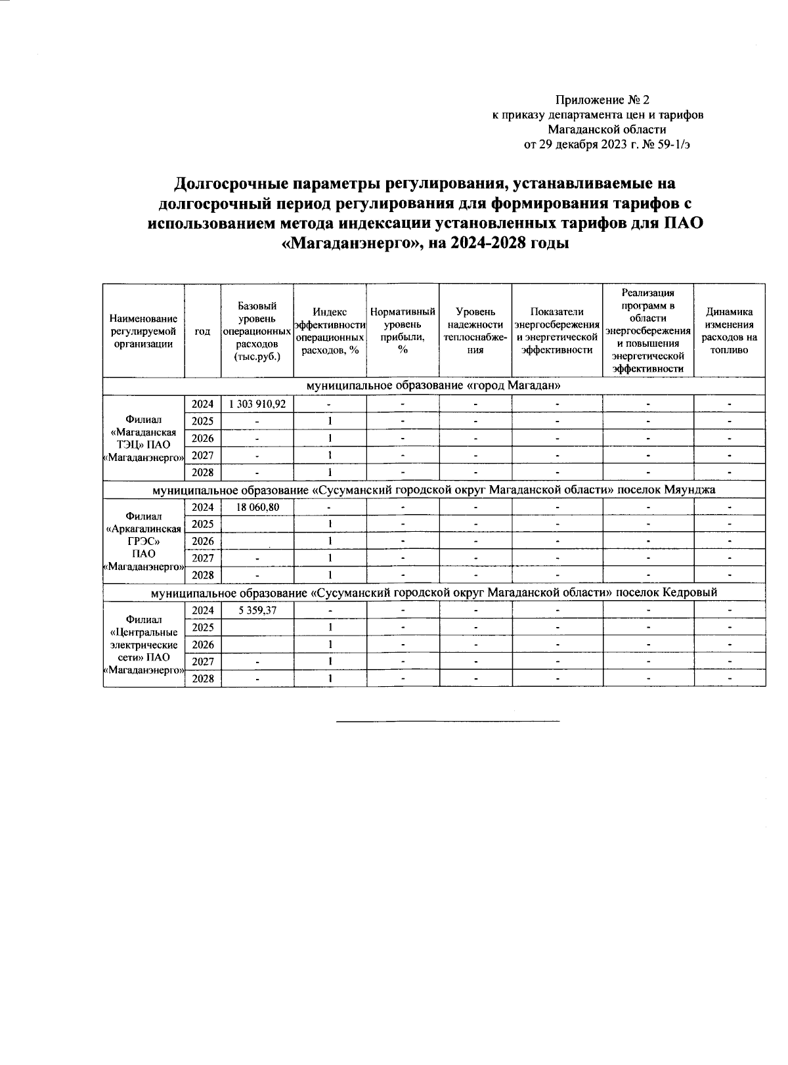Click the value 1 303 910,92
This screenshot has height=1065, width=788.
pos(257,404)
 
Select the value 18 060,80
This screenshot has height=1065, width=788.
pos(257,507)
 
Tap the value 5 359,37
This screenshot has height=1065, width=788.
pos(257,610)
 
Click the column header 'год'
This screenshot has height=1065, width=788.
pos(203,331)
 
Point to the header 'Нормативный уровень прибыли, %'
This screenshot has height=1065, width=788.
pos(403,331)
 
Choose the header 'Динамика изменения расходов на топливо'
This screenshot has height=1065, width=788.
pos(729,331)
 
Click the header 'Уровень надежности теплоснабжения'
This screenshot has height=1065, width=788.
pos(475,331)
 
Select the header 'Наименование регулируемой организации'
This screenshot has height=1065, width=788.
pos(144,331)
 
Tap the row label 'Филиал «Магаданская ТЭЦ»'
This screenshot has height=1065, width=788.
pos(144,438)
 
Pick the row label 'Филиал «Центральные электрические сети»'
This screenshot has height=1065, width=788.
pos(144,644)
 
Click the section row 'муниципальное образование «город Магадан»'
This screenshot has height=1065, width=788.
pos(433,385)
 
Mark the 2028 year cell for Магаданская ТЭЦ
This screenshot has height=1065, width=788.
pos(203,472)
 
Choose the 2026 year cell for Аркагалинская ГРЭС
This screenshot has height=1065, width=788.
pos(203,541)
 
